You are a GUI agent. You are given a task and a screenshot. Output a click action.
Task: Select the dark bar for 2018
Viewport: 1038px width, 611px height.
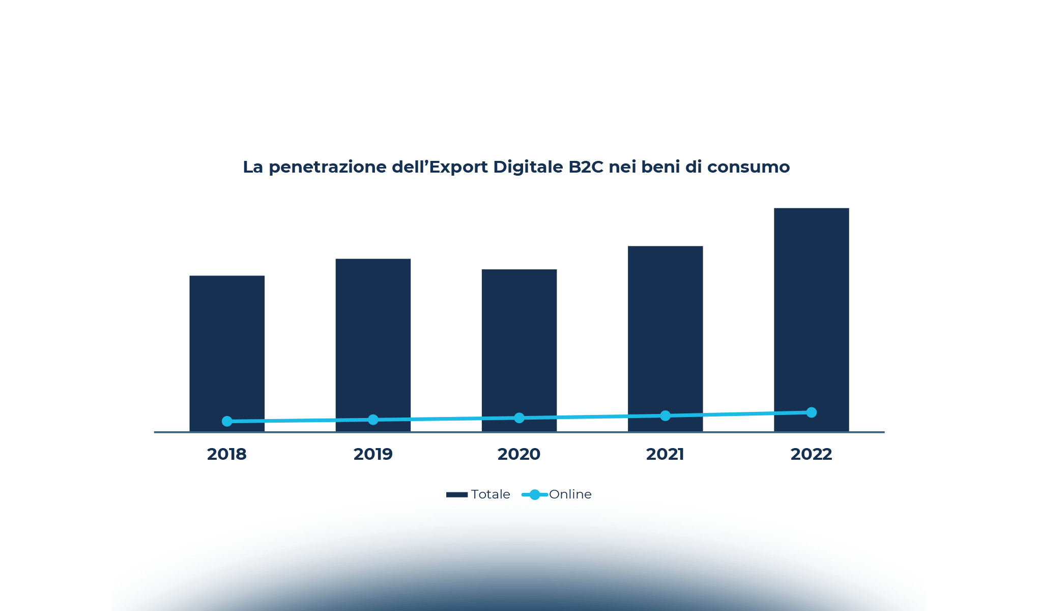point(227,346)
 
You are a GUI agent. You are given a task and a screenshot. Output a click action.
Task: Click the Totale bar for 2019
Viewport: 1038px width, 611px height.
point(373,336)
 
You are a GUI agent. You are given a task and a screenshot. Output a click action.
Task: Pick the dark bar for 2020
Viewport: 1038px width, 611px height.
point(519,341)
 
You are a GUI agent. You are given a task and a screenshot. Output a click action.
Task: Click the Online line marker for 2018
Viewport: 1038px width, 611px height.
point(227,421)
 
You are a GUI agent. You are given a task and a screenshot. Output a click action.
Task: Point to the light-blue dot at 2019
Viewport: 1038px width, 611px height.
point(373,420)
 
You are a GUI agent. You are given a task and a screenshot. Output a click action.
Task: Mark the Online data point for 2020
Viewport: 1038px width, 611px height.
point(519,418)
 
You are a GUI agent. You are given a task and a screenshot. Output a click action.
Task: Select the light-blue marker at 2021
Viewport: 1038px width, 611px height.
point(665,416)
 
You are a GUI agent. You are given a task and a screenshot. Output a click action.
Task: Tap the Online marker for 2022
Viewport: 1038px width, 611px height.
point(812,412)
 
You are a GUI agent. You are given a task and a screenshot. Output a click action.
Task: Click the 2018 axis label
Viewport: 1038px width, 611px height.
point(227,454)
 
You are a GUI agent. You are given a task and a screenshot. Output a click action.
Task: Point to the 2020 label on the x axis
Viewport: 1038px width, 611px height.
point(519,454)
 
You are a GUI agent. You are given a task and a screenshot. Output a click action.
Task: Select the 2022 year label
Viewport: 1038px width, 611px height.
point(811,454)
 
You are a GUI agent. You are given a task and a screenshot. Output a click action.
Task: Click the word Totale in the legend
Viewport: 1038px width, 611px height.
point(491,494)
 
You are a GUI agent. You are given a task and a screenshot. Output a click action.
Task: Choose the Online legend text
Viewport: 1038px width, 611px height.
point(570,494)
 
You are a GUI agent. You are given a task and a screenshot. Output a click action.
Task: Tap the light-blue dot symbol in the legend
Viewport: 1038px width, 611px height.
point(535,494)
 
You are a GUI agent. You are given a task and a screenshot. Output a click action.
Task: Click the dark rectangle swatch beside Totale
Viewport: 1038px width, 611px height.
point(457,494)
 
